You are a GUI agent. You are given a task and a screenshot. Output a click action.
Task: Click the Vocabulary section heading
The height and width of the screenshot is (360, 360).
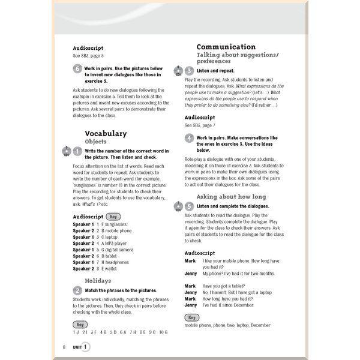pyautogui.click(x=106, y=133)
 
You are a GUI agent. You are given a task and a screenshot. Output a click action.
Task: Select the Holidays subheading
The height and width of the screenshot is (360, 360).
pyautogui.click(x=98, y=280)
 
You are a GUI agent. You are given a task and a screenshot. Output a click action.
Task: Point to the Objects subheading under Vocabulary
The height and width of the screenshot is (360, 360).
pyautogui.click(x=96, y=142)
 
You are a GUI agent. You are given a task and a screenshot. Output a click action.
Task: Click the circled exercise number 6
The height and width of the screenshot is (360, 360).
pyautogui.click(x=77, y=69)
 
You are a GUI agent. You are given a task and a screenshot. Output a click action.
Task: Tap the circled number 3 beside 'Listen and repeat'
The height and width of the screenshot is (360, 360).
pyautogui.click(x=189, y=71)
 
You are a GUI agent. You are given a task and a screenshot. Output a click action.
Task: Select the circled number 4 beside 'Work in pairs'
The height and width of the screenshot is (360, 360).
pyautogui.click(x=189, y=138)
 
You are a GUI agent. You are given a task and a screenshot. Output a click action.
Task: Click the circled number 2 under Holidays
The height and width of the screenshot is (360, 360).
pyautogui.click(x=77, y=290)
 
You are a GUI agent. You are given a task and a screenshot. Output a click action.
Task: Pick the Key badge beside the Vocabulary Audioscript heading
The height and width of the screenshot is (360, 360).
pyautogui.click(x=113, y=216)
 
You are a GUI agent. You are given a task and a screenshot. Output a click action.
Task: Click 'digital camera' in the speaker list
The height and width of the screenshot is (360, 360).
pyautogui.click(x=120, y=250)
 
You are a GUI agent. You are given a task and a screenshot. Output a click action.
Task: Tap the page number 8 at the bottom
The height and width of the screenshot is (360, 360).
pyautogui.click(x=64, y=346)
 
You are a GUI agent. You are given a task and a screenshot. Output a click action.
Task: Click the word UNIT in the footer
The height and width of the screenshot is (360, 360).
pyautogui.click(x=77, y=347)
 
